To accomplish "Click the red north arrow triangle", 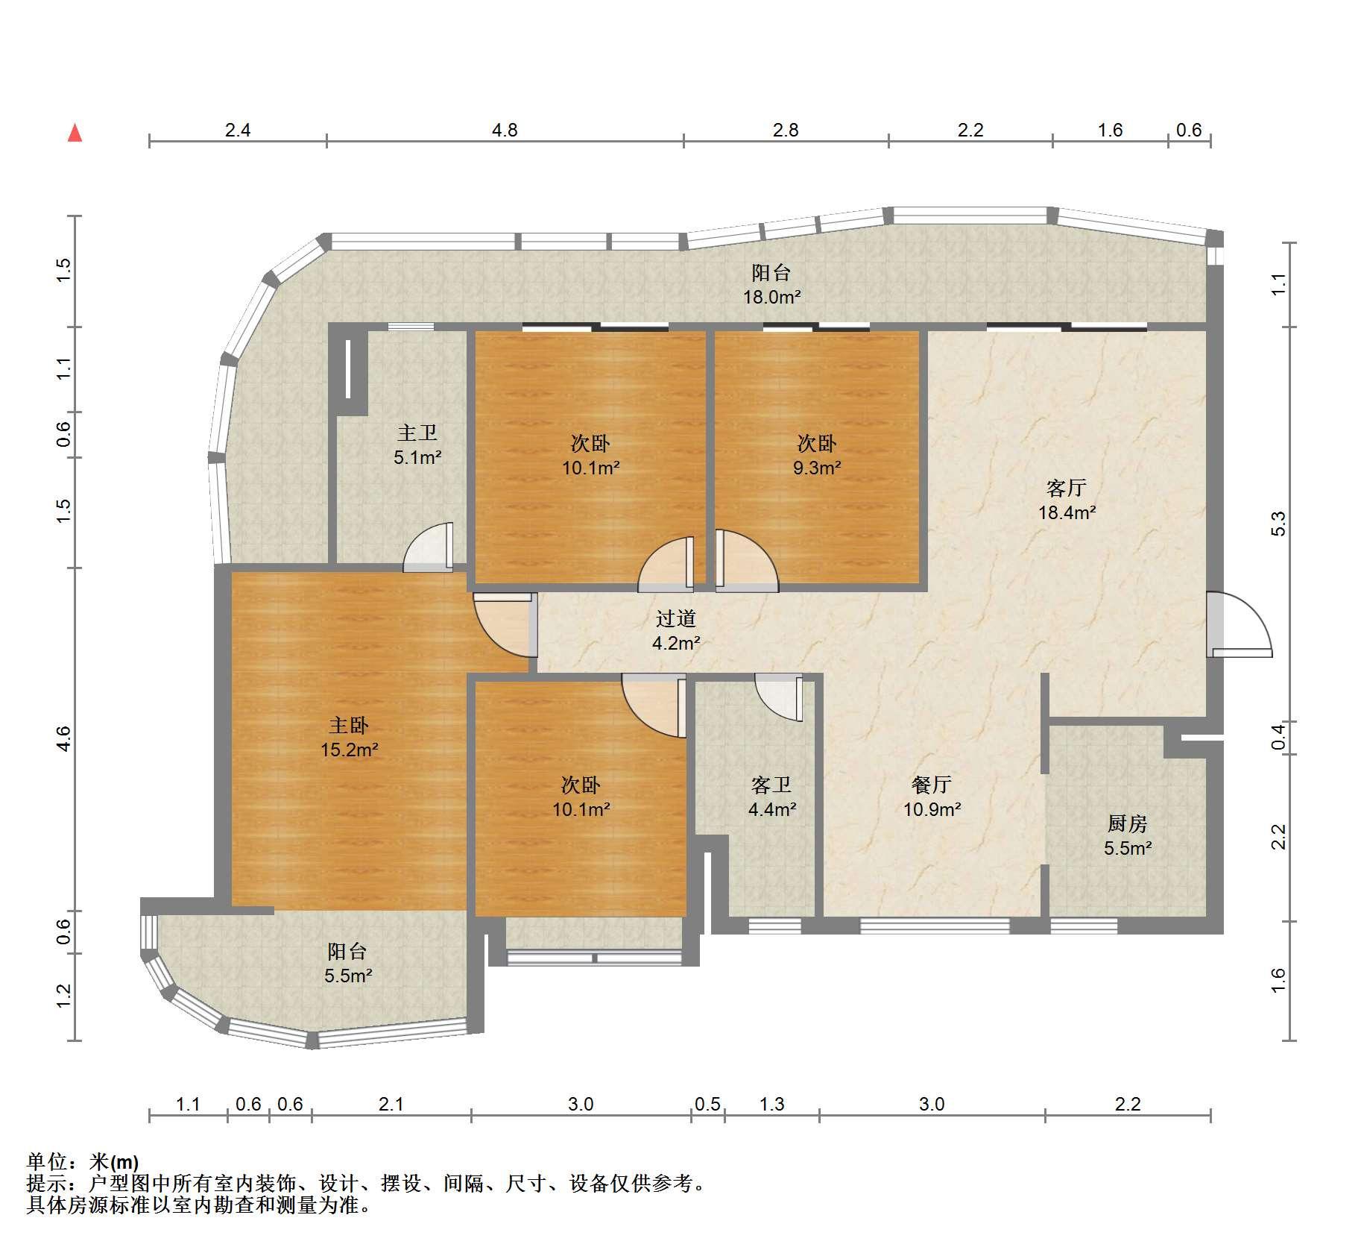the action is pyautogui.click(x=75, y=134).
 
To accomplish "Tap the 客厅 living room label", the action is pyautogui.click(x=1066, y=489).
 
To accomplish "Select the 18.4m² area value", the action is pyautogui.click(x=1067, y=512).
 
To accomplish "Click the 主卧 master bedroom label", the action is pyautogui.click(x=348, y=725).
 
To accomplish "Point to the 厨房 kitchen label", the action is pyautogui.click(x=1127, y=823).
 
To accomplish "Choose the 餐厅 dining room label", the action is pyautogui.click(x=931, y=785).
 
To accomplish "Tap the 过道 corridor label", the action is pyautogui.click(x=675, y=618).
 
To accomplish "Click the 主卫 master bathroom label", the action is pyautogui.click(x=417, y=433).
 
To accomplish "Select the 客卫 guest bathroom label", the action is pyautogui.click(x=771, y=785).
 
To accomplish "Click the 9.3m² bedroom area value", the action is pyautogui.click(x=817, y=468).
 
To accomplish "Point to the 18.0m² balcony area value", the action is pyautogui.click(x=771, y=297).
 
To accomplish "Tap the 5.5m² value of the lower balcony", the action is pyautogui.click(x=348, y=976).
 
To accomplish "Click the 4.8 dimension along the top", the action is pyautogui.click(x=505, y=130).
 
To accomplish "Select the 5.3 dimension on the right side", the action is pyautogui.click(x=1278, y=524).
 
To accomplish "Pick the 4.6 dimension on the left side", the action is pyautogui.click(x=63, y=738).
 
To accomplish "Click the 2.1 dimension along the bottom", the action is pyautogui.click(x=391, y=1104).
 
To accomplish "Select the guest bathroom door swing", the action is pyautogui.click(x=778, y=697).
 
